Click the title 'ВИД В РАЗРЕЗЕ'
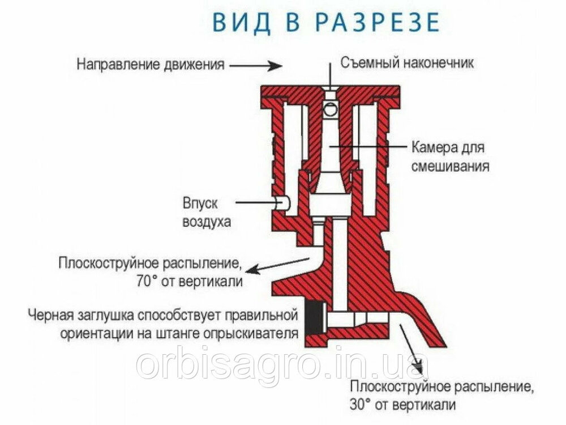coord(326,22)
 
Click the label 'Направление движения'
coord(151,65)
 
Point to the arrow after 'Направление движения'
coord(256,66)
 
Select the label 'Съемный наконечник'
coord(407,63)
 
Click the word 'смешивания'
coord(451,166)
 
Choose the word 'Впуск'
coord(200,203)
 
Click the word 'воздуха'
coord(207,221)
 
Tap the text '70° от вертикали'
coord(190,281)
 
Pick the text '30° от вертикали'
coord(402,404)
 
